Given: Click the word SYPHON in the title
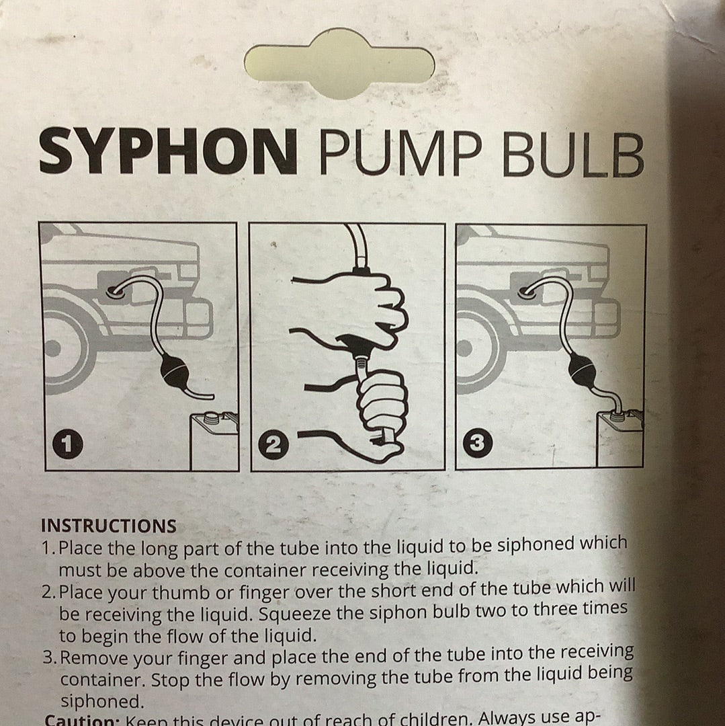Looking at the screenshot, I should click(168, 152).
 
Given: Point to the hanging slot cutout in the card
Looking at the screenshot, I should click(339, 64).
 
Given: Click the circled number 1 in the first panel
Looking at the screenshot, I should click(69, 444).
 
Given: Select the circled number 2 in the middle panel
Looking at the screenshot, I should click(273, 445).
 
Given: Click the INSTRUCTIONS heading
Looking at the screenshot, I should click(108, 526).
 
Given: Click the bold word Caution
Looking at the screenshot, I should click(81, 719).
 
